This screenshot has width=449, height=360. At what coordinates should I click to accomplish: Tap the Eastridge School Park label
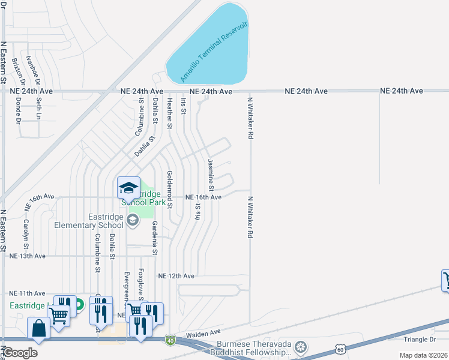pos(142,198)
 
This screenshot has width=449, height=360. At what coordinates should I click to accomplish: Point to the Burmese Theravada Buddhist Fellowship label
pos(255,348)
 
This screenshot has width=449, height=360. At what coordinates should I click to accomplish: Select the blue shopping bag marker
pos(39,329)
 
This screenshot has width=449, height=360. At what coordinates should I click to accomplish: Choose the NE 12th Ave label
pos(176,276)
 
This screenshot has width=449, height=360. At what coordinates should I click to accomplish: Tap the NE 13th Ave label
pos(28,256)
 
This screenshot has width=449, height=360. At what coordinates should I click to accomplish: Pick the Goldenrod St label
pos(170,188)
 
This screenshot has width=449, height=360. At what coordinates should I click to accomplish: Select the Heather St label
pos(170,114)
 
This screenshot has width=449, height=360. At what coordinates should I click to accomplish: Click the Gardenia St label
pos(154,237)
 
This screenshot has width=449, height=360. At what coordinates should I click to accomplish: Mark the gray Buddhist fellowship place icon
pos(301,347)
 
